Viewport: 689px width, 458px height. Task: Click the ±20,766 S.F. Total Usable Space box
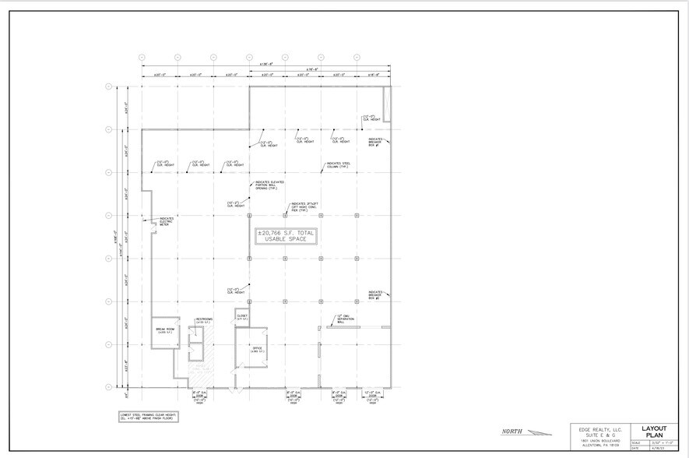[x=286, y=236]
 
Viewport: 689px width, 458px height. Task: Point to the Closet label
[x=241, y=317]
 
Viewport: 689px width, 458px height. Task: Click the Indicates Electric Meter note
[x=167, y=220]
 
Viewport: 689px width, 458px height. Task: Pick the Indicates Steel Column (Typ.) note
[x=338, y=165]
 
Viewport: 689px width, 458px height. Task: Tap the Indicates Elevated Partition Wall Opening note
[x=266, y=186]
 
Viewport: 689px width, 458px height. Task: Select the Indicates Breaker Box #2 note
[x=376, y=294]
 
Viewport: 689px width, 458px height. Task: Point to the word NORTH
[x=512, y=432]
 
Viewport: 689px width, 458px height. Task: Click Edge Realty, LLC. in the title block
[x=596, y=428]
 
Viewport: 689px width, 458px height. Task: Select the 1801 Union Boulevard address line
[x=596, y=439]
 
